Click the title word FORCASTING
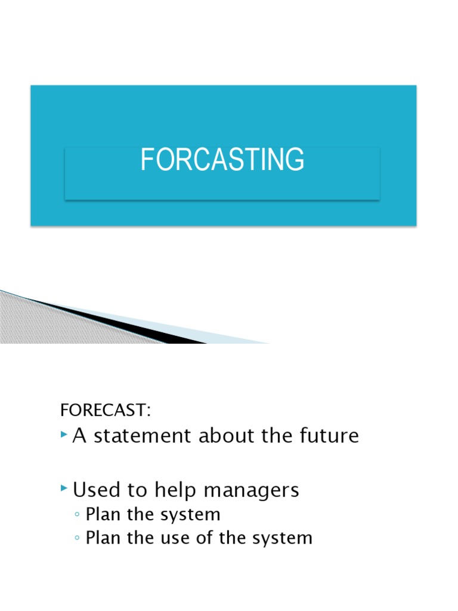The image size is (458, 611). click(x=222, y=160)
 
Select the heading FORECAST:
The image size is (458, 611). click(x=106, y=411)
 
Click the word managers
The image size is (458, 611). click(x=251, y=490)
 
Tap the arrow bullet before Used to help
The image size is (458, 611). click(x=64, y=489)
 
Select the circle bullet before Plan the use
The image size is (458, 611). click(x=78, y=538)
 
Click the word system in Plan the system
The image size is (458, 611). click(x=188, y=514)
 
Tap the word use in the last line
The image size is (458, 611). click(x=160, y=538)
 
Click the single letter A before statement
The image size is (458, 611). click(x=80, y=436)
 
